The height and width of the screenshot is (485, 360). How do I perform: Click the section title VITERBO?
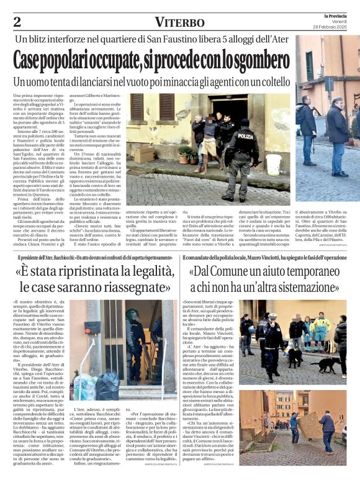[x=179, y=22]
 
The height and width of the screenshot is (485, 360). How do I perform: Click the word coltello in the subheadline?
[x=271, y=82]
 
